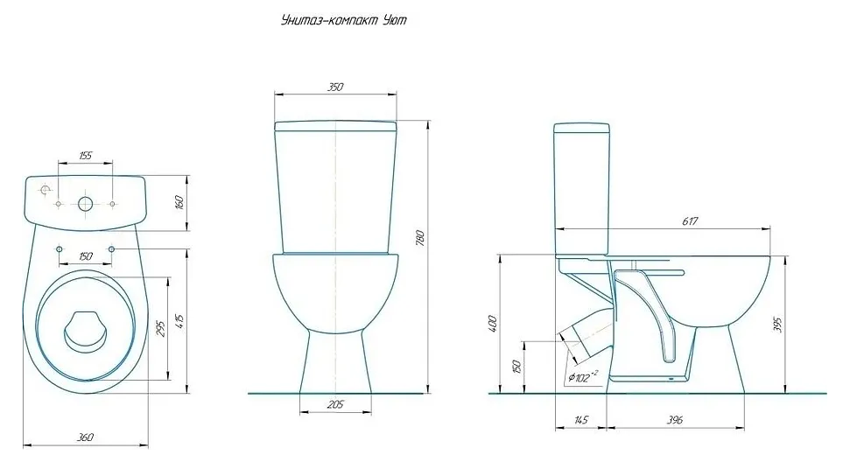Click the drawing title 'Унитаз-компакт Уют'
click(344, 21)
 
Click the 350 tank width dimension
click(335, 86)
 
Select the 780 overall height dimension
click(420, 238)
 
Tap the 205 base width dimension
click(335, 404)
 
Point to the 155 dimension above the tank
click(86, 156)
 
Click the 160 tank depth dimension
click(180, 203)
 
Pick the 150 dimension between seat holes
click(86, 256)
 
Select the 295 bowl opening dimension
click(160, 327)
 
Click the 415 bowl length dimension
click(180, 320)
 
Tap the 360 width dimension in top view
click(86, 437)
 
